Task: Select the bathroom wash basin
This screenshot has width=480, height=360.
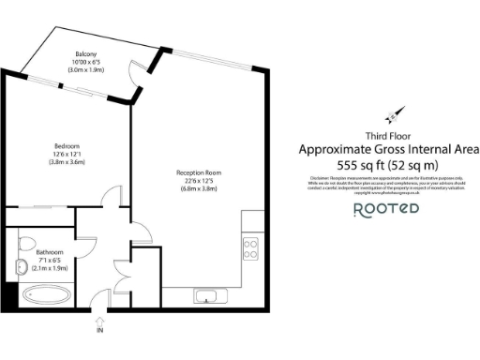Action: coord(22,267)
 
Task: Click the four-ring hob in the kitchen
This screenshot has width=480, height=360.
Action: coord(251,248)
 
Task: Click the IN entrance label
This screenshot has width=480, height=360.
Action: coord(101,331)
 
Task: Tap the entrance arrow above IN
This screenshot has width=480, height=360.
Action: coord(101,320)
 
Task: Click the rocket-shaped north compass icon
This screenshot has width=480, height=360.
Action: coord(395,115)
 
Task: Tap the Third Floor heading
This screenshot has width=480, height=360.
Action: coord(389,135)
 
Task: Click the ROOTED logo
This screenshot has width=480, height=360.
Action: coord(385,209)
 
